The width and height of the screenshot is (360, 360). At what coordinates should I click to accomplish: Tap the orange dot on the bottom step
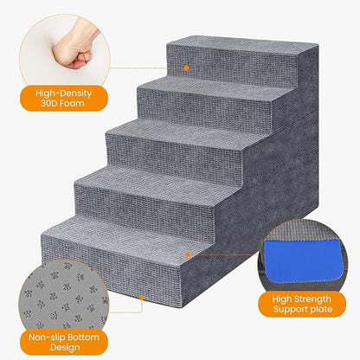point(186,254)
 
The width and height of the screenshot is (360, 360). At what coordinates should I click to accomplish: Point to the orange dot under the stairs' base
point(142,295)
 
